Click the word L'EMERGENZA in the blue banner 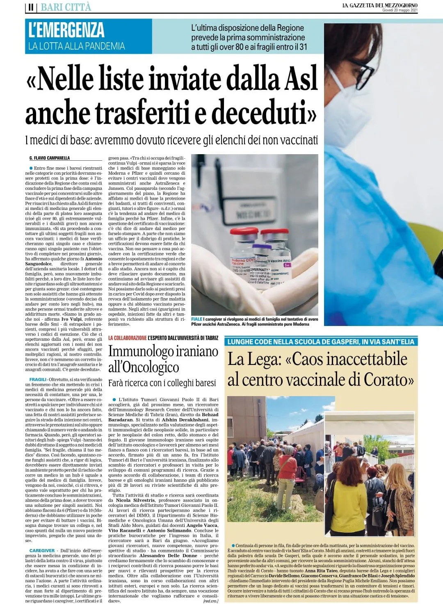pyautogui.click(x=66, y=30)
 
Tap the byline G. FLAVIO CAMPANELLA pyautogui.click(x=50, y=158)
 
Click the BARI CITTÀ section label pyautogui.click(x=66, y=7)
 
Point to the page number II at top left pyautogui.click(x=31, y=7)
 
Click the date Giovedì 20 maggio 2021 pyautogui.click(x=400, y=10)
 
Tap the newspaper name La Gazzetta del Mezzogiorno pyautogui.click(x=380, y=5)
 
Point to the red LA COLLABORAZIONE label pyautogui.click(x=127, y=338)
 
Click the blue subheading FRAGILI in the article pyautogui.click(x=38, y=380)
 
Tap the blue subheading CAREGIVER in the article pyautogui.click(x=42, y=550)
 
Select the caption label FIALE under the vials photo pyautogui.click(x=196, y=319)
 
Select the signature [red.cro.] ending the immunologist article pyautogui.click(x=210, y=601)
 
